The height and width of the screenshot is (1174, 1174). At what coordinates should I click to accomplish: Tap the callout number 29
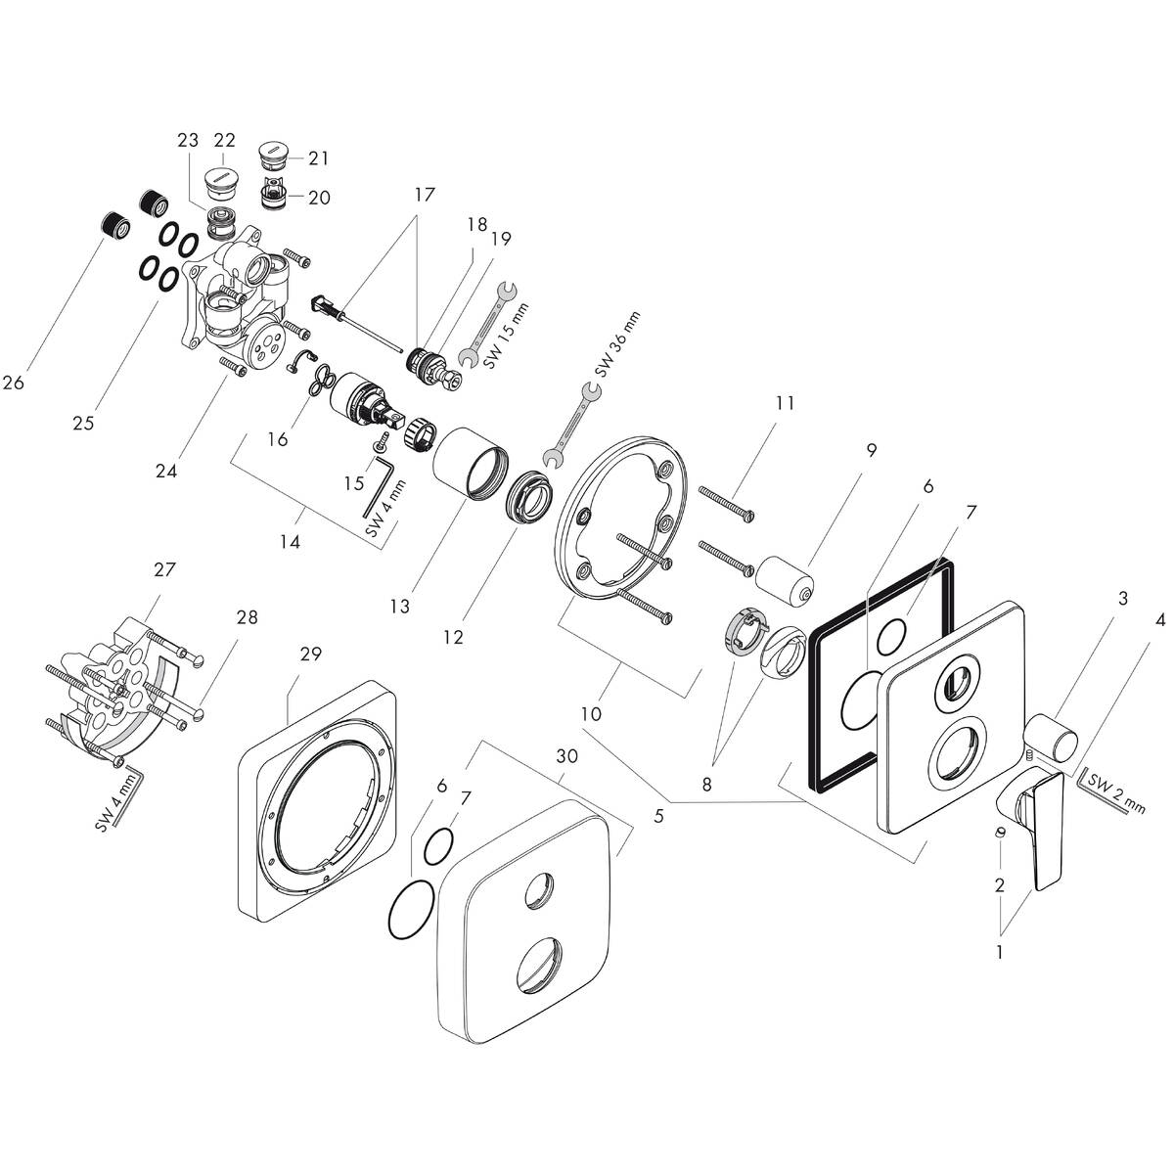311,655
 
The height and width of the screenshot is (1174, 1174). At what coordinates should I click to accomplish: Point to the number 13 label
398,607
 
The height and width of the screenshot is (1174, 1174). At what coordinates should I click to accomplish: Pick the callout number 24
166,471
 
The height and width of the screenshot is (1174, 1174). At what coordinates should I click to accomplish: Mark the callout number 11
785,402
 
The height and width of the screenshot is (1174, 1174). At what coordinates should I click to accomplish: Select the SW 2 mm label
1116,792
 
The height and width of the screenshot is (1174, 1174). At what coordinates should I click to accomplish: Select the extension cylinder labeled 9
782,577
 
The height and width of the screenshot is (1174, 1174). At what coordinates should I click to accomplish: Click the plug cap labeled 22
224,182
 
